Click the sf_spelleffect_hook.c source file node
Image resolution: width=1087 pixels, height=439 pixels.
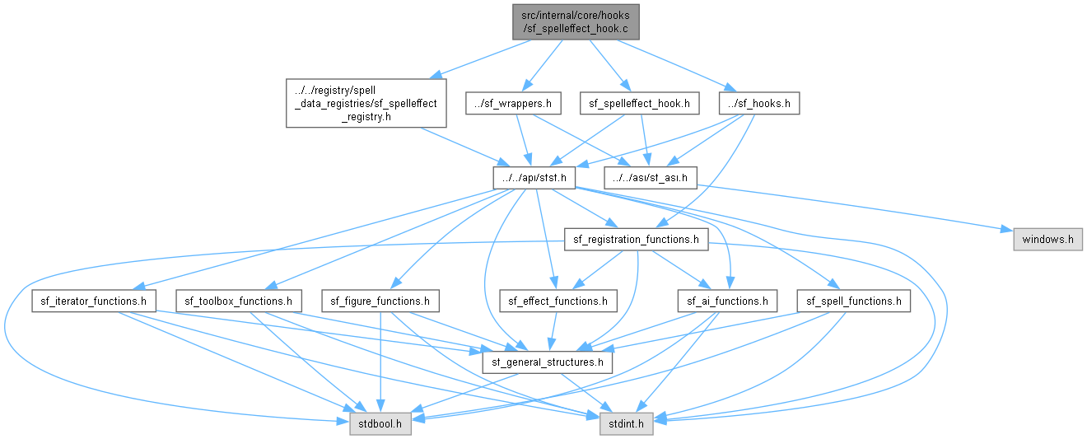[x=576, y=22]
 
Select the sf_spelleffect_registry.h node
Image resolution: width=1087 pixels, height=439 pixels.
[x=366, y=104]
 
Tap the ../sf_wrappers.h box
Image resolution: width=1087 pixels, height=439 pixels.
[x=513, y=104]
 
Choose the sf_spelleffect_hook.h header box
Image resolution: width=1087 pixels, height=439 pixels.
[x=639, y=104]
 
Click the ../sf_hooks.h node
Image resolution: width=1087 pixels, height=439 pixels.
[x=759, y=104]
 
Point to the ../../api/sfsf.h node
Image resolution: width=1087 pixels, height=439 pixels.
[x=534, y=178]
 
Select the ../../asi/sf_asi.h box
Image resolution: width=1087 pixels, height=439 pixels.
[x=651, y=178]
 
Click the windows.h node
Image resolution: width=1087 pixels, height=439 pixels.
[x=1047, y=240]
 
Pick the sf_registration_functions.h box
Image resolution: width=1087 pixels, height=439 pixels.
[x=637, y=240]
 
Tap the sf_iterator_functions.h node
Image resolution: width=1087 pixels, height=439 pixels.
[x=94, y=301]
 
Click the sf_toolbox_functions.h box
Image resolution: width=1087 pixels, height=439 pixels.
[x=238, y=301]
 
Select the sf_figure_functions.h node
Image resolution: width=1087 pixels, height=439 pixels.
[x=380, y=301]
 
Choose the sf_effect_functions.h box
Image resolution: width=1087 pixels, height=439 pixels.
[x=558, y=301]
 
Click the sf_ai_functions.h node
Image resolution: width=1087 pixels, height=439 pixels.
[x=727, y=301]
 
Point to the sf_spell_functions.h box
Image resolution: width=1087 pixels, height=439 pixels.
[x=854, y=301]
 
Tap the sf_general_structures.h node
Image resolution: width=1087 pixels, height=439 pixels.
[x=548, y=362]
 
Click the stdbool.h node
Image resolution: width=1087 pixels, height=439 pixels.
[x=380, y=424]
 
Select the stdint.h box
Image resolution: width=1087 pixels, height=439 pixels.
[x=626, y=424]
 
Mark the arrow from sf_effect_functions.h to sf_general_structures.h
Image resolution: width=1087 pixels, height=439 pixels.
[x=553, y=331]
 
